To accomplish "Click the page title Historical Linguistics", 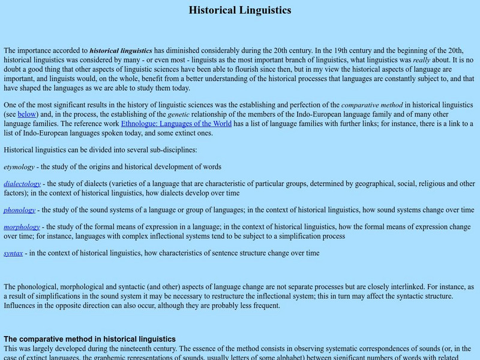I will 240,10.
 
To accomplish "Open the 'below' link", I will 28,113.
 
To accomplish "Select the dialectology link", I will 22,184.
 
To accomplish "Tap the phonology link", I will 19,210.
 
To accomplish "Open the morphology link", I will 22,227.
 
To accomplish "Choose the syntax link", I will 13,253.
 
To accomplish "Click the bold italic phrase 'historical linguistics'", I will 121,51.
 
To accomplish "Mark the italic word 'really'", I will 422,61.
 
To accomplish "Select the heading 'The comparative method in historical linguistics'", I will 89,339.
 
